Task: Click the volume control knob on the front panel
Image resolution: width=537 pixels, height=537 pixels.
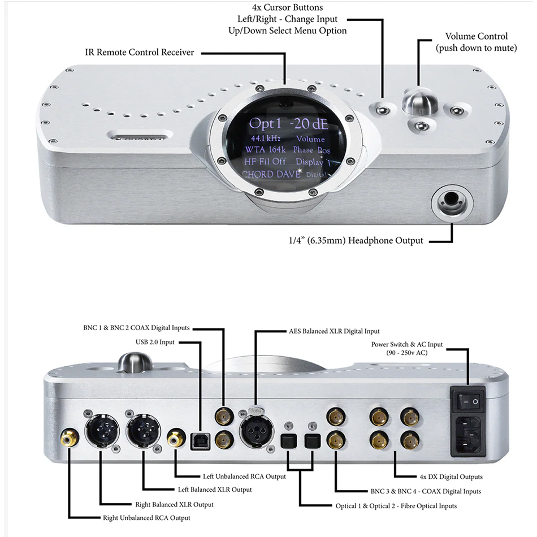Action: click(x=418, y=102)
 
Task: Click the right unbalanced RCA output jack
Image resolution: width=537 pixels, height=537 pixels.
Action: click(x=70, y=437)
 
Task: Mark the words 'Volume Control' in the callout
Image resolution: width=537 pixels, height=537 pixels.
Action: click(x=477, y=37)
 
